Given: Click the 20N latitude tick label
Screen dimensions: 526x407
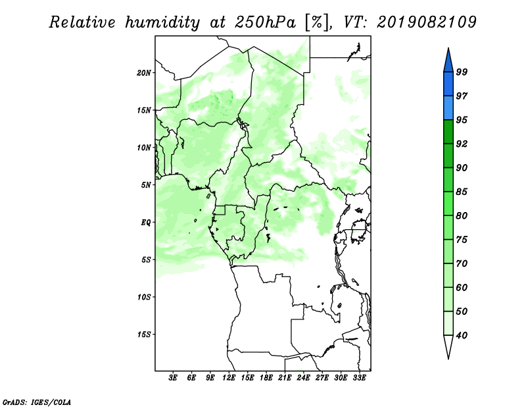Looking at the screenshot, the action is coord(144,73).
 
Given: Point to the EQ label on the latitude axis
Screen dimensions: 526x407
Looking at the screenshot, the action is coord(145,223).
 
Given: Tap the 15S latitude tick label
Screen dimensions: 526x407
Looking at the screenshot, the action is coord(144,335).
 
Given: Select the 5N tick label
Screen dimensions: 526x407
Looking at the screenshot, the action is coord(146,185).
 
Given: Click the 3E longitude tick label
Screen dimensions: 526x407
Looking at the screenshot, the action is coord(173,377).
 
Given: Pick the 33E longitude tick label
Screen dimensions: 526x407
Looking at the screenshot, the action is coord(359,377).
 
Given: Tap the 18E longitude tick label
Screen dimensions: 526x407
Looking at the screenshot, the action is coord(266,377).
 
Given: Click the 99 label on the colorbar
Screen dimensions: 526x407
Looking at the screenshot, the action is coord(462,72).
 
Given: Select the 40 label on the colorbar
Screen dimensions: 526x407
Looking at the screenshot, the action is coord(462,335).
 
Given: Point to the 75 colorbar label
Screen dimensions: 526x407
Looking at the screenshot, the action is coord(462,240).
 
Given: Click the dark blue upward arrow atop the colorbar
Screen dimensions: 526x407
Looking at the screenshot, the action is coord(448,60).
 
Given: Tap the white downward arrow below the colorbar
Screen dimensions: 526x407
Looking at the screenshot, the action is coord(448,347).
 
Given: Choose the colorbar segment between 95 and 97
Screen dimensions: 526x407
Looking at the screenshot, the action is coord(448,108).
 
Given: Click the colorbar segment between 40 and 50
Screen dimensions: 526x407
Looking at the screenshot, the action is coord(448,323).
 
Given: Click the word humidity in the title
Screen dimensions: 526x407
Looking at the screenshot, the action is coord(162,22).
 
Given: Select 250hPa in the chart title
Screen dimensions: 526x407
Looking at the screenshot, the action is coord(265,22).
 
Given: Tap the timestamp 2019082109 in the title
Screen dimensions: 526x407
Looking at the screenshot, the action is coord(426,22).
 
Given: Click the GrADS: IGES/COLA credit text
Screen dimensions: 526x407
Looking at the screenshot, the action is coord(37,402).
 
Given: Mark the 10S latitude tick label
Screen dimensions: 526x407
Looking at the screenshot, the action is coord(144,297).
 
